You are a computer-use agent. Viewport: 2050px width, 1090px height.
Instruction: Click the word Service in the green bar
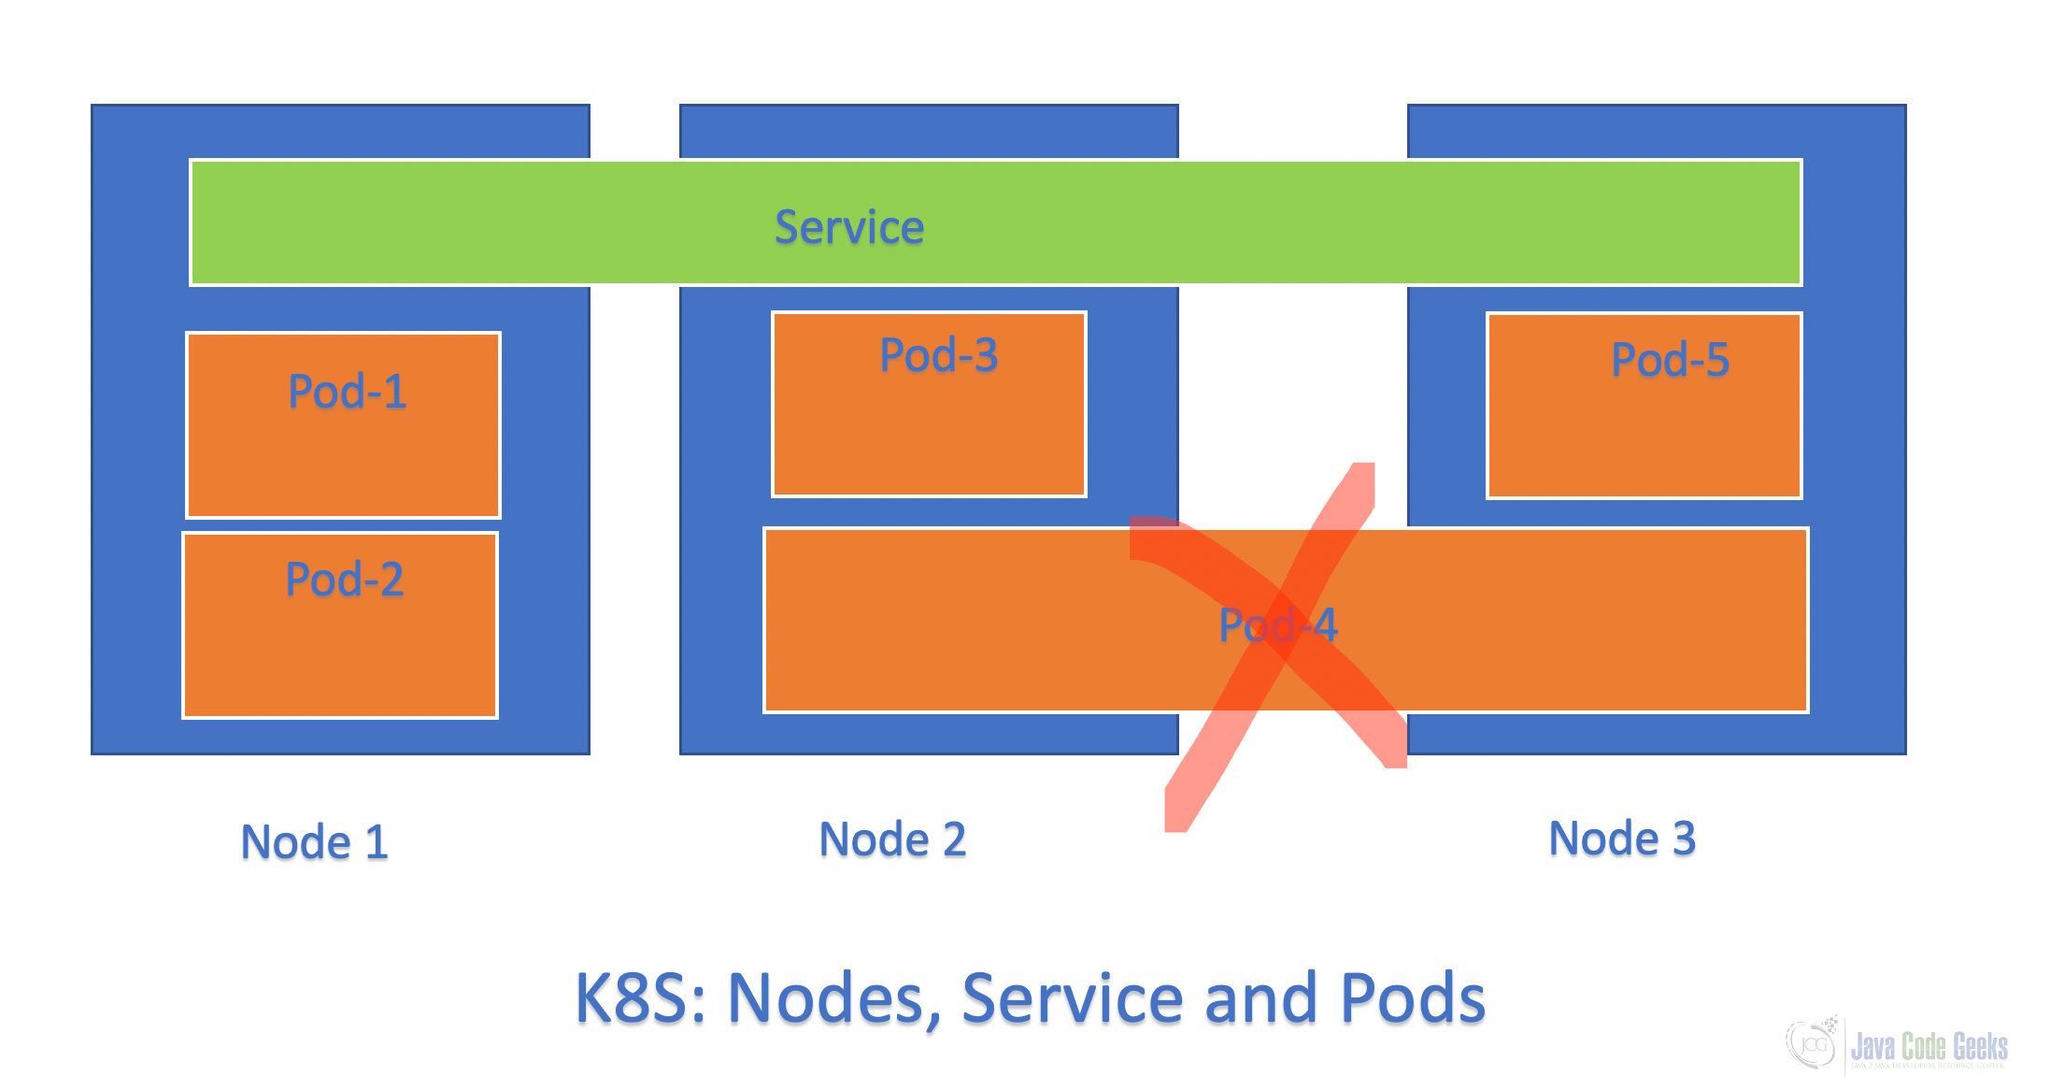click(849, 227)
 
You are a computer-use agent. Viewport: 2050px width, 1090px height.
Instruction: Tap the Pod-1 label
click(348, 391)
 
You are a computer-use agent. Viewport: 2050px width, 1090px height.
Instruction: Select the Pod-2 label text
click(345, 580)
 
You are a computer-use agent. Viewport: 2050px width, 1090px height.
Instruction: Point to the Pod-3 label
click(939, 355)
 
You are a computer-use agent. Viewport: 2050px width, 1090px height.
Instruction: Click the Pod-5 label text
click(1671, 360)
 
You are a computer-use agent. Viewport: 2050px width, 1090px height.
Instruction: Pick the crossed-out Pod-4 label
click(1278, 625)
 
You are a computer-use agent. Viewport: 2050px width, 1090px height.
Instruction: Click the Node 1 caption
click(314, 842)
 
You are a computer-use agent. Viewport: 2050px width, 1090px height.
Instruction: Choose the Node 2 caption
click(892, 839)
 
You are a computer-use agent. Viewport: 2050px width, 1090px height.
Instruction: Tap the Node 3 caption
click(1622, 839)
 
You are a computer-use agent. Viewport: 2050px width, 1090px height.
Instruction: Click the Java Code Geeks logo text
click(1929, 1047)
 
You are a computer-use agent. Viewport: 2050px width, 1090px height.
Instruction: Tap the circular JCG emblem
click(1812, 1043)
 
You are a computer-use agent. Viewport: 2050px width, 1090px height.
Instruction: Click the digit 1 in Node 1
click(377, 842)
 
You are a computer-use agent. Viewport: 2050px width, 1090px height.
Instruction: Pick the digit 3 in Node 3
click(1684, 839)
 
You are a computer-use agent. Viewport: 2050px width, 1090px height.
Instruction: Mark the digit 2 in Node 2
click(954, 839)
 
